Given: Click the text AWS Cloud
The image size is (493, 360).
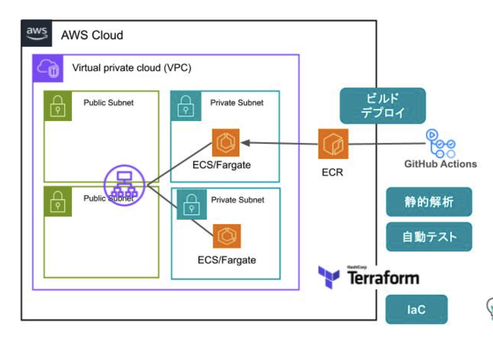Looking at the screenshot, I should (x=92, y=35).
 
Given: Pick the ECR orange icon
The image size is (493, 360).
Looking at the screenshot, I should (x=332, y=143).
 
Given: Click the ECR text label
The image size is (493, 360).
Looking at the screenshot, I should (x=332, y=172).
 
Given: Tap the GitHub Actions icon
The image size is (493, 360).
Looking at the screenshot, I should (x=440, y=143).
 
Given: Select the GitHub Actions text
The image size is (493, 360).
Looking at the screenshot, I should (x=440, y=164).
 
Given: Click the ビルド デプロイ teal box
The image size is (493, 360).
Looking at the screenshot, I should (x=382, y=105).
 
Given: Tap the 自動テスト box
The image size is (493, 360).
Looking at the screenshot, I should (x=429, y=237).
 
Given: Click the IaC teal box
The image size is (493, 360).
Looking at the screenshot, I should (x=416, y=310).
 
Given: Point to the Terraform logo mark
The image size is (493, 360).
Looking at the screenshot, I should (x=329, y=277).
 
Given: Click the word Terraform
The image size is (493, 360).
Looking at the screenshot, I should (x=383, y=278).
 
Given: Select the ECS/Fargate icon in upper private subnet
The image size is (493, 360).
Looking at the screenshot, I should (x=226, y=143).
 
